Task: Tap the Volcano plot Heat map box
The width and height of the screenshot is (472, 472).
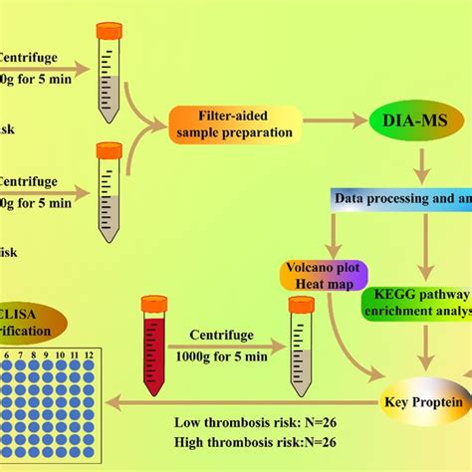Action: click(324, 276)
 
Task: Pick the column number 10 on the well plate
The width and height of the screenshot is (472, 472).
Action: click(60, 354)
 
